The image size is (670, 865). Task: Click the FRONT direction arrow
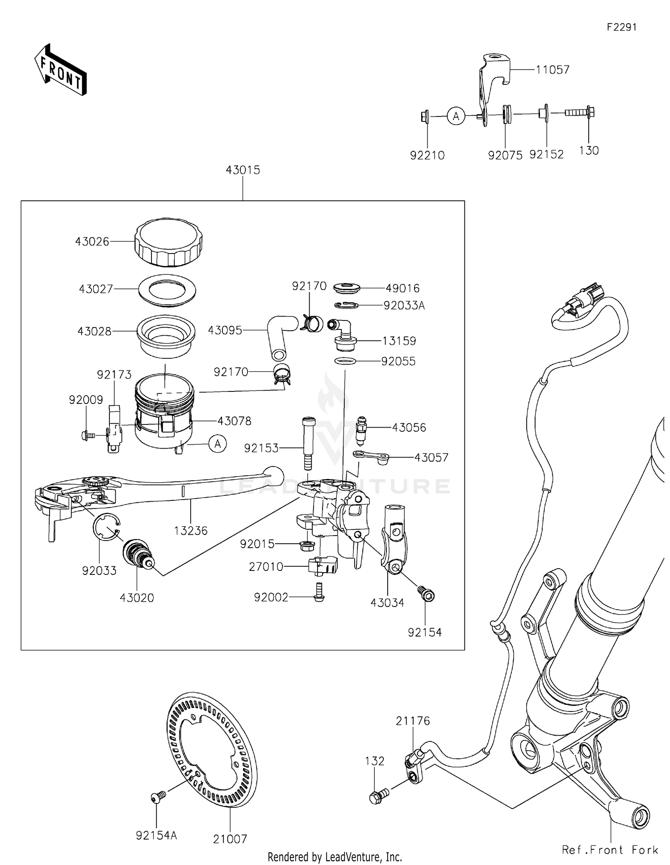coord(60,70)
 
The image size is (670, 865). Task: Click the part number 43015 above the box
coord(243,170)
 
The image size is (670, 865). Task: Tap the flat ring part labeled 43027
coord(168,290)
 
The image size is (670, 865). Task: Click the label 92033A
coord(404,306)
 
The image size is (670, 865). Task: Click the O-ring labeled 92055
coord(345,361)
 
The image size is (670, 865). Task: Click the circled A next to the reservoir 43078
coord(218,444)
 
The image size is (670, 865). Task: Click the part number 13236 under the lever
coord(191,531)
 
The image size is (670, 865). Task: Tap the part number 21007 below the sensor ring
coord(230,840)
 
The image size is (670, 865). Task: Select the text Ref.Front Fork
coord(610,850)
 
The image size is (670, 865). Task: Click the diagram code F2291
coord(621,27)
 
